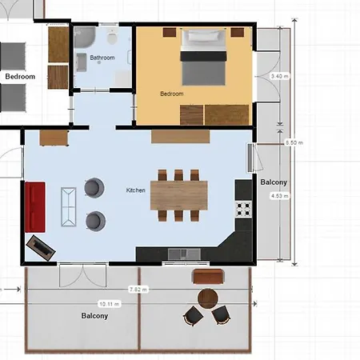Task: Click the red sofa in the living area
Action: pyautogui.click(x=35, y=207)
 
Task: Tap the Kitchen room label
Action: pyautogui.click(x=136, y=190)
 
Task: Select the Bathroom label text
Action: pyautogui.click(x=102, y=58)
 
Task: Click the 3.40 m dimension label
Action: pyautogui.click(x=280, y=76)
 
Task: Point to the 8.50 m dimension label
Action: pyautogui.click(x=294, y=142)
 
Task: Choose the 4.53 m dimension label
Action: pyautogui.click(x=280, y=196)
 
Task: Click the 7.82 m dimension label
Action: pyautogui.click(x=138, y=290)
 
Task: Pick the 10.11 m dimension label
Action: pyautogui.click(x=110, y=304)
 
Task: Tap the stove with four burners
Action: pyautogui.click(x=243, y=210)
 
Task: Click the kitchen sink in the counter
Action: pyautogui.click(x=184, y=254)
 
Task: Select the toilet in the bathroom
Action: pyautogui.click(x=112, y=36)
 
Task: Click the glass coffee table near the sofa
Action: pyautogui.click(x=69, y=207)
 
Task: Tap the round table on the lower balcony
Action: pyautogui.click(x=208, y=298)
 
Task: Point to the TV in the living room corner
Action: pyautogui.click(x=41, y=248)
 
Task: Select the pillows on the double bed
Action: pyautogui.click(x=203, y=35)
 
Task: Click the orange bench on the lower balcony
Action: pyautogui.click(x=208, y=277)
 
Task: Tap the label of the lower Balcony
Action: pyautogui.click(x=94, y=316)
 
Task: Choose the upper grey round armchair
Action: pyautogui.click(x=94, y=187)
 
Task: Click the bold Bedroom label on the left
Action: pyautogui.click(x=20, y=77)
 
